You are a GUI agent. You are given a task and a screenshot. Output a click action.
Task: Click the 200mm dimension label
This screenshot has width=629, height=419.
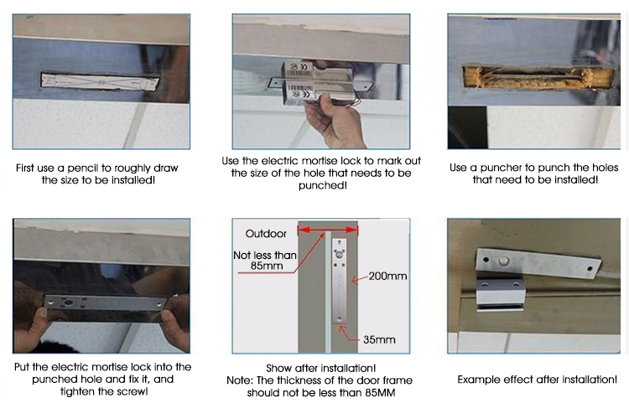tap(387, 277)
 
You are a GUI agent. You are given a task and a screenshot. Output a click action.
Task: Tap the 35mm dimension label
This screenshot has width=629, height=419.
tap(379, 339)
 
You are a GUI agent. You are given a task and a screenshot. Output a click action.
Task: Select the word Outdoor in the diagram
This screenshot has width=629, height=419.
tap(266, 234)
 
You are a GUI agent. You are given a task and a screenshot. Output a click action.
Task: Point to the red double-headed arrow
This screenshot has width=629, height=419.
tap(328, 230)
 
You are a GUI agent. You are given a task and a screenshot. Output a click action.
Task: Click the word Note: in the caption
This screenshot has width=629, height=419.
tap(240, 380)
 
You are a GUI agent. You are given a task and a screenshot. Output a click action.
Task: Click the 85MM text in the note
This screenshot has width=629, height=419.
tap(380, 392)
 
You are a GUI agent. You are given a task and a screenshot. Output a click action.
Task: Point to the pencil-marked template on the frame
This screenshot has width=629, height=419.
tap(101, 81)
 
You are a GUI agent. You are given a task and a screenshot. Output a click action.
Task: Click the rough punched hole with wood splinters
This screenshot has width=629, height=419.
tap(538, 77)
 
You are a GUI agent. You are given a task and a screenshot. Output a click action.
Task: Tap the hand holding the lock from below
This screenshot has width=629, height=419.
tap(334, 122)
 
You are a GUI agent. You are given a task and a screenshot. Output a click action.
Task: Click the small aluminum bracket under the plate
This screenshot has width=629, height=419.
tap(500, 296)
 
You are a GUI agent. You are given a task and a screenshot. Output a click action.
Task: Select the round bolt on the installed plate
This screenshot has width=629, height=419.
tap(503, 261)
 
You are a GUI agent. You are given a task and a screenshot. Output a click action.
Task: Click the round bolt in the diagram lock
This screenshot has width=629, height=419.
tap(340, 254)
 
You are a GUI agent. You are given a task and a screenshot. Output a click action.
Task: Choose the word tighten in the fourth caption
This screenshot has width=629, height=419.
tap(77, 391)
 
